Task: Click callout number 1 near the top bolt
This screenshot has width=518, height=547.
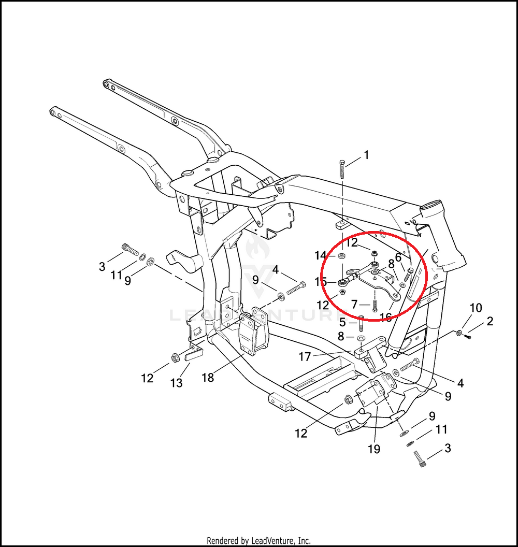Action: [366, 155]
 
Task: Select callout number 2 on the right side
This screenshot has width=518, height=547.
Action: [490, 322]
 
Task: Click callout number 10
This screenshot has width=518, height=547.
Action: [476, 308]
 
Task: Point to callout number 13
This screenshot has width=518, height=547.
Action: [177, 383]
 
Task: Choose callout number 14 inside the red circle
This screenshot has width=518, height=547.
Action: [321, 255]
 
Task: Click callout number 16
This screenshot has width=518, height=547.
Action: [385, 317]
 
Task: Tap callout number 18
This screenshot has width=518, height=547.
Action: [208, 378]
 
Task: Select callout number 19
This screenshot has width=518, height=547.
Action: [373, 449]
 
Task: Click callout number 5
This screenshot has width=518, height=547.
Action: [342, 322]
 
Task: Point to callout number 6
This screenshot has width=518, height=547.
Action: [398, 257]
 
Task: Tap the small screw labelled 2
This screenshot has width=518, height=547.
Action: [468, 337]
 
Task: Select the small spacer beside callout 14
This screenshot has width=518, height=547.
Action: [342, 256]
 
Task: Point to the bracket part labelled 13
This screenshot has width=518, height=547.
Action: [194, 354]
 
